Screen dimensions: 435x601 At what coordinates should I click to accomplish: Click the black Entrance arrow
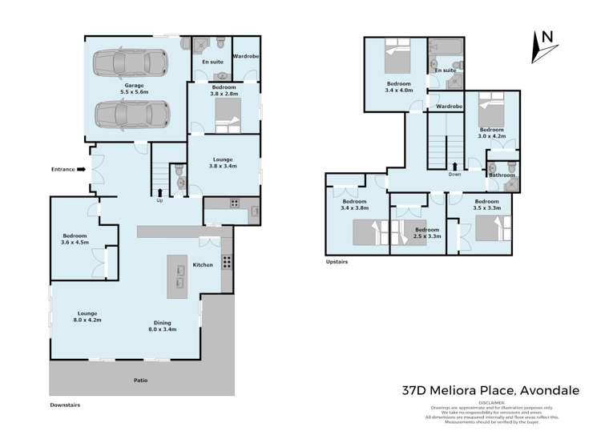[x=82, y=169]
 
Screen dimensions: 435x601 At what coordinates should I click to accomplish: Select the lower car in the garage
[x=132, y=114]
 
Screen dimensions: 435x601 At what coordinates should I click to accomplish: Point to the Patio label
[x=140, y=380]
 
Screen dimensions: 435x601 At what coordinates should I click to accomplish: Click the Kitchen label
[x=203, y=265]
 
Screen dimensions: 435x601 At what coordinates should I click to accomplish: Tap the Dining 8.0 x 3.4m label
[x=163, y=325]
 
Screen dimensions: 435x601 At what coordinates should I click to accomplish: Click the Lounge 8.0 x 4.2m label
[x=88, y=316]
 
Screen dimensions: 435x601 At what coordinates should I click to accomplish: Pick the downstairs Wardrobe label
[x=244, y=56]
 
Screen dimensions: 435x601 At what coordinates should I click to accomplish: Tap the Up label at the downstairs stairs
[x=159, y=200]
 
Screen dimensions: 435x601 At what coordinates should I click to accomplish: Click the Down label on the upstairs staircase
[x=454, y=174]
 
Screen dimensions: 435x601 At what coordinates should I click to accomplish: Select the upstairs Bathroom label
[x=502, y=175]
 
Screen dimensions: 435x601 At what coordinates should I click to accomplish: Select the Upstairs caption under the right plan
[x=337, y=261]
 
